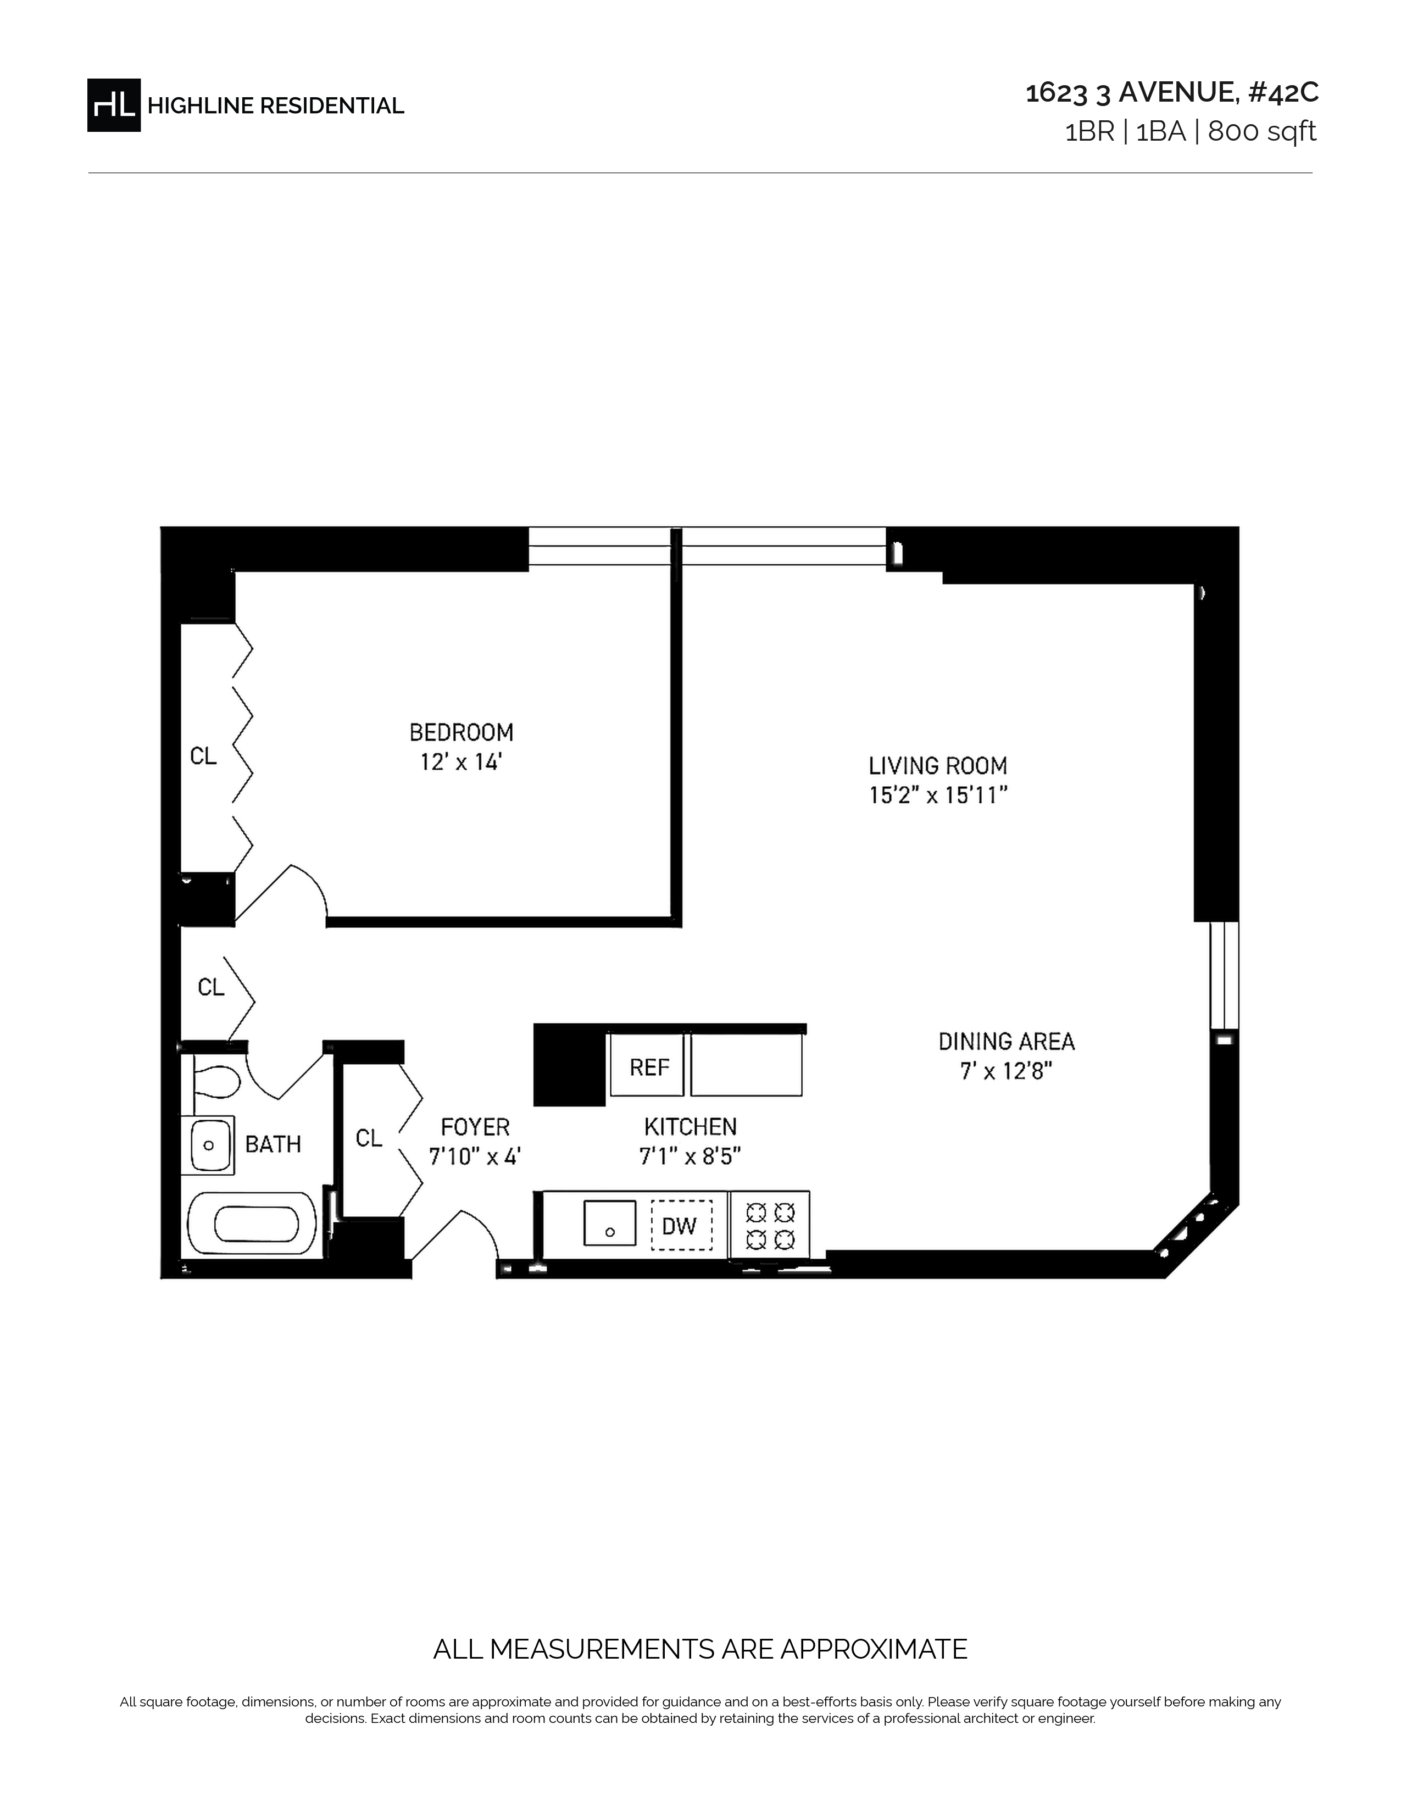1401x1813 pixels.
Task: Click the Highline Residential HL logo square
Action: pyautogui.click(x=114, y=105)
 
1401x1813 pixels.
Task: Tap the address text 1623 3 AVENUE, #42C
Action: pyautogui.click(x=1172, y=93)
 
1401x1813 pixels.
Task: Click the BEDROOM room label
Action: pyautogui.click(x=462, y=732)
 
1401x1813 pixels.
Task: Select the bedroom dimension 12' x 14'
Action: pyautogui.click(x=462, y=762)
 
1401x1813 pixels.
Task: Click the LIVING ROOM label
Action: pyautogui.click(x=938, y=765)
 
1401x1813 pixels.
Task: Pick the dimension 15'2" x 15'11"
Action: pyautogui.click(x=938, y=796)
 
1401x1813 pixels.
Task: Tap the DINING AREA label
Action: pyautogui.click(x=1007, y=1041)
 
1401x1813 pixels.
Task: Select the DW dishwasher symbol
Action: pyautogui.click(x=681, y=1225)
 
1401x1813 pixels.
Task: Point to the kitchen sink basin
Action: pyautogui.click(x=610, y=1223)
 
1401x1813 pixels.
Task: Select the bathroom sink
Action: pyautogui.click(x=208, y=1145)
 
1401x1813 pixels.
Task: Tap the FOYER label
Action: pyautogui.click(x=475, y=1126)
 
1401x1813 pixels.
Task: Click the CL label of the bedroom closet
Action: pyautogui.click(x=203, y=755)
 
